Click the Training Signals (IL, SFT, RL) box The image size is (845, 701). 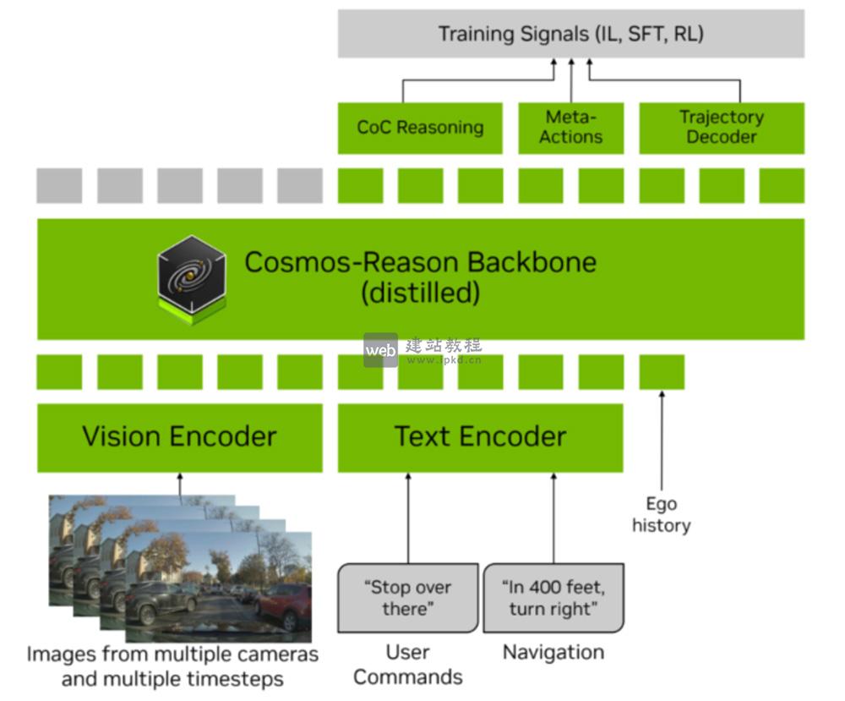point(570,34)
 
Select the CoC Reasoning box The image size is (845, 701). point(420,128)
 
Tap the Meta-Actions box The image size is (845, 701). point(570,128)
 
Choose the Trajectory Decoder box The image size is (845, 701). point(721,128)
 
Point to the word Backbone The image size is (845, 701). point(532,262)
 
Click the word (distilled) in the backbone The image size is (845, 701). point(420,293)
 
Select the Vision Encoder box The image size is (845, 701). point(179,437)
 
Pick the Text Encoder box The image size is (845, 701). point(480,437)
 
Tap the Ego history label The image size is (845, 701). point(661,515)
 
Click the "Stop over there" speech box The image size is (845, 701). point(408,598)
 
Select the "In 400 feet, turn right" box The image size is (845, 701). point(553,598)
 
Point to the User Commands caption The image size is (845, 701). point(408,665)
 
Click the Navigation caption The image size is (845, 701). point(553,653)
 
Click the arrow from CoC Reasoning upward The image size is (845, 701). point(403,90)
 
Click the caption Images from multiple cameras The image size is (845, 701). point(172,654)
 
